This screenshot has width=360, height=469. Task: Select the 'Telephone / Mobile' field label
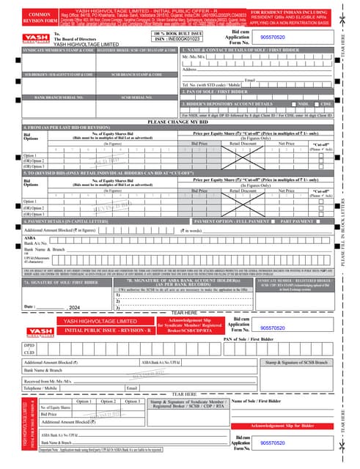point(42,387)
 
